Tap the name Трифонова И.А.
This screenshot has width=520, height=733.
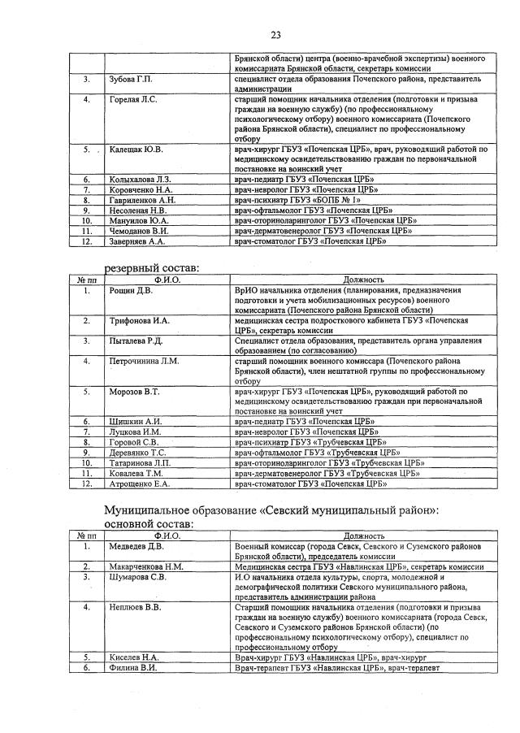pos(139,321)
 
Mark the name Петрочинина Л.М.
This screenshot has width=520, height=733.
pos(144,361)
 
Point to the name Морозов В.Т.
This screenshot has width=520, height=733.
pos(135,392)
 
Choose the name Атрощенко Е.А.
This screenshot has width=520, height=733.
pos(139,484)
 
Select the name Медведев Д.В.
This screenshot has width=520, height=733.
pos(136,546)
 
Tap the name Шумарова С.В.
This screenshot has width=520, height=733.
pos(137,577)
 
